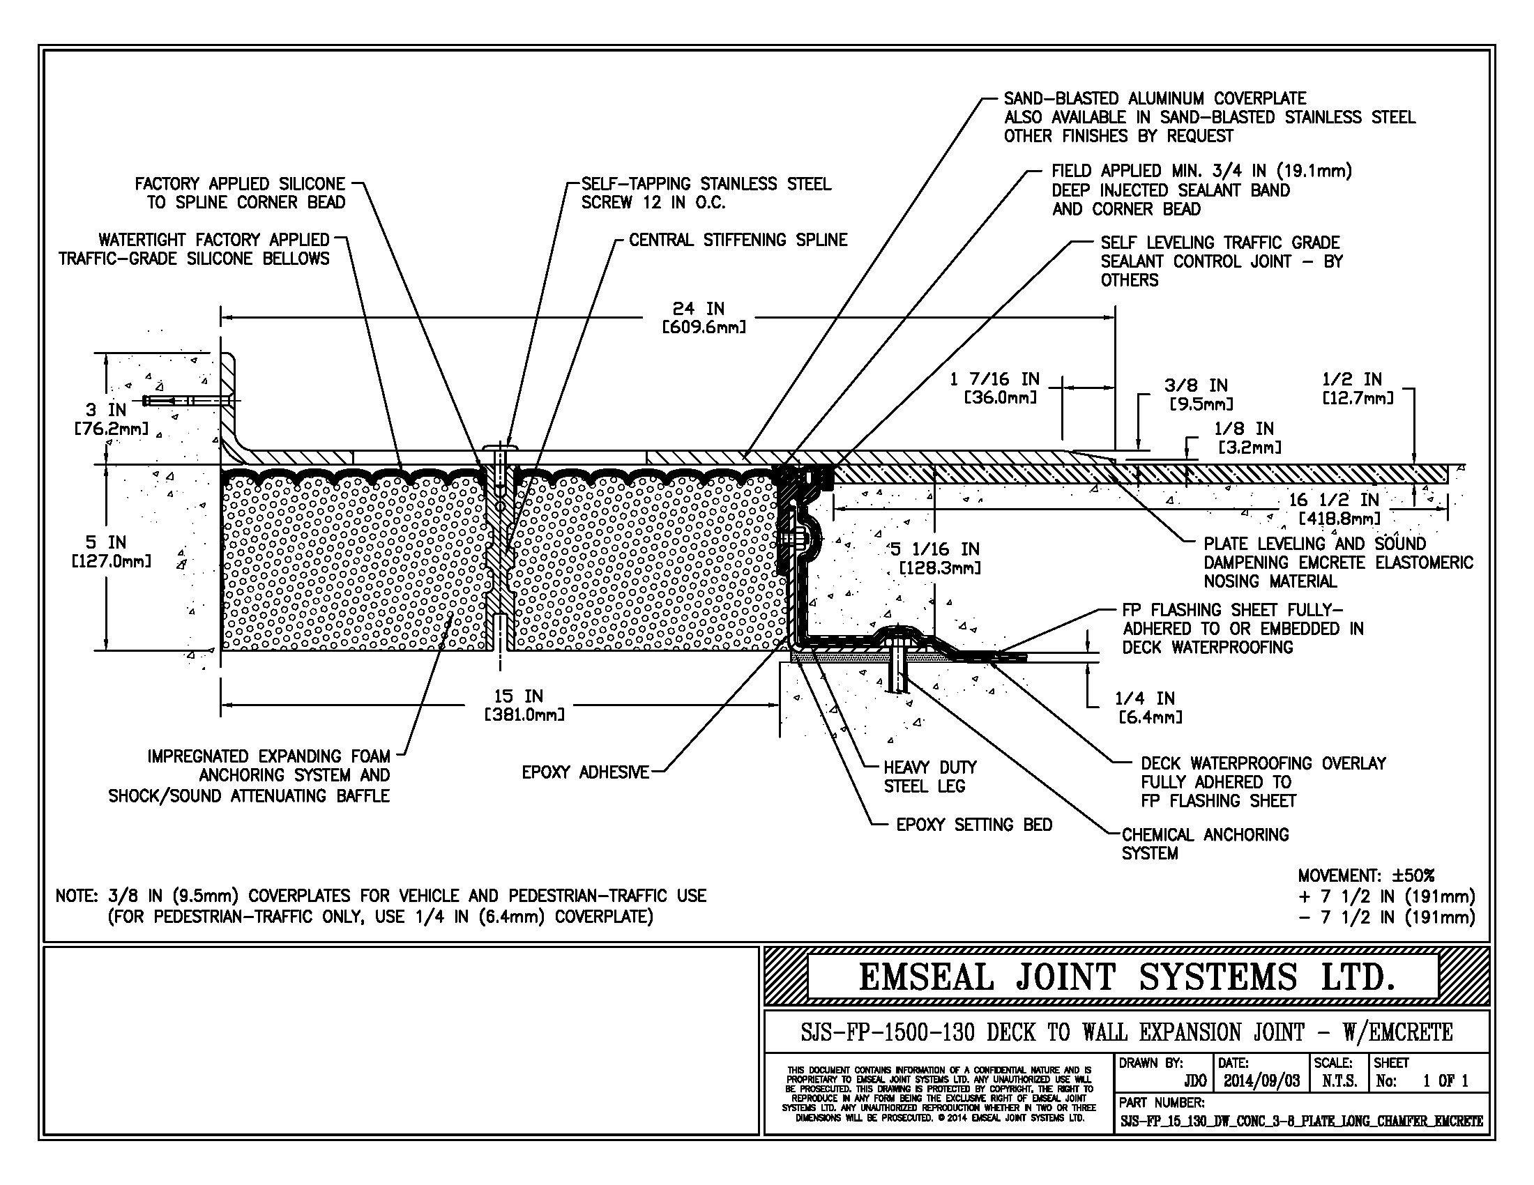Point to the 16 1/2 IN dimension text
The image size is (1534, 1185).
pyautogui.click(x=1335, y=500)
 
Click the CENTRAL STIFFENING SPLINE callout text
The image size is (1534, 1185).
pyautogui.click(x=738, y=240)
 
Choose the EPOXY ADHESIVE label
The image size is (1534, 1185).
pyautogui.click(x=585, y=772)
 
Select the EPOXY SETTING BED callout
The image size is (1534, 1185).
pyautogui.click(x=973, y=825)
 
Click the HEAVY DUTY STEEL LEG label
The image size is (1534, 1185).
pyautogui.click(x=929, y=777)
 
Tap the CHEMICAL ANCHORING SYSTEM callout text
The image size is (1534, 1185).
pyautogui.click(x=1205, y=844)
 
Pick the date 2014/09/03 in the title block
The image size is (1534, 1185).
pyautogui.click(x=1261, y=1080)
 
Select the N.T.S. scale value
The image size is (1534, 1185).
pyautogui.click(x=1339, y=1080)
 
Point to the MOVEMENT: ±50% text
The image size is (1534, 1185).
pyautogui.click(x=1365, y=876)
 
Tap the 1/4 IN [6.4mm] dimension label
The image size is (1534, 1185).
pyautogui.click(x=1148, y=707)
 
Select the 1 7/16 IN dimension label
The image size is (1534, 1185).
pyautogui.click(x=993, y=388)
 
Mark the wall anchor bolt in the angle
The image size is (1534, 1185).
pyautogui.click(x=186, y=401)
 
